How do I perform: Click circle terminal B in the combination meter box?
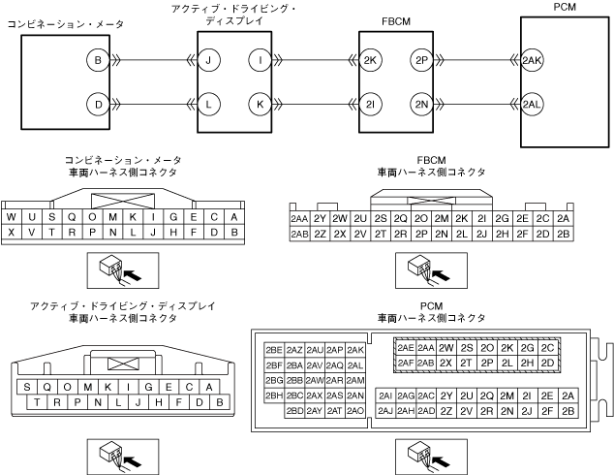pyautogui.click(x=98, y=61)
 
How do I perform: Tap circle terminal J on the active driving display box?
pyautogui.click(x=209, y=61)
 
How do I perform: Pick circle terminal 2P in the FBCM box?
pyautogui.click(x=420, y=61)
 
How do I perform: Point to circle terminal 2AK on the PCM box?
pyautogui.click(x=532, y=61)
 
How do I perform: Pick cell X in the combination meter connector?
pyautogui.click(x=12, y=233)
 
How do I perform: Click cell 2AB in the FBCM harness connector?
pyautogui.click(x=299, y=234)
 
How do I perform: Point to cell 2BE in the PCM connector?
pyautogui.click(x=273, y=349)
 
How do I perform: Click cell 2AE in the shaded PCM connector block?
pyautogui.click(x=405, y=347)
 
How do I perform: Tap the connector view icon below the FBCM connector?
pyautogui.click(x=419, y=267)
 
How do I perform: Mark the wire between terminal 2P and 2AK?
pyautogui.click(x=475, y=61)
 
